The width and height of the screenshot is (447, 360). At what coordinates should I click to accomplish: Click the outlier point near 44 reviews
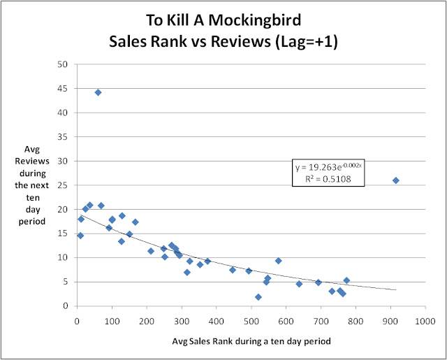pyautogui.click(x=98, y=92)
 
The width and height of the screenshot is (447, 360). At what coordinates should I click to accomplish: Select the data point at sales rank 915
pyautogui.click(x=395, y=180)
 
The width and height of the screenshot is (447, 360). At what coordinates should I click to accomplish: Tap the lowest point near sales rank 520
pyautogui.click(x=258, y=297)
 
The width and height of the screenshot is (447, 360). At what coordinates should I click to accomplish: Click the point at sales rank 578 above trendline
pyautogui.click(x=278, y=261)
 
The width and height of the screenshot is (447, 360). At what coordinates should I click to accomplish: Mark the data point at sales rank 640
pyautogui.click(x=299, y=284)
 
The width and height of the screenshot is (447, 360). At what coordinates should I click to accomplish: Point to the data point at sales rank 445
pyautogui.click(x=233, y=270)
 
